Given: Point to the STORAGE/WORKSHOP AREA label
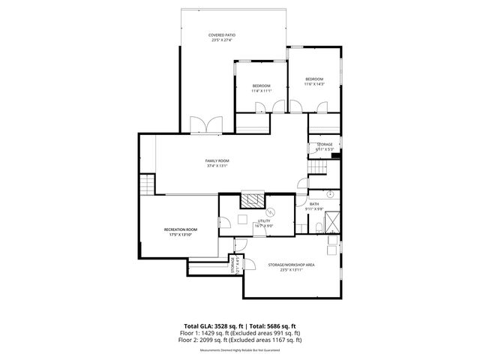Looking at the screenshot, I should [291, 265].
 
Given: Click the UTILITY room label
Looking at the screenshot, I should [264, 221].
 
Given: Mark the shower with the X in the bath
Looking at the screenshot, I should [331, 221].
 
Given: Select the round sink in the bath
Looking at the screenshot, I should [329, 194].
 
